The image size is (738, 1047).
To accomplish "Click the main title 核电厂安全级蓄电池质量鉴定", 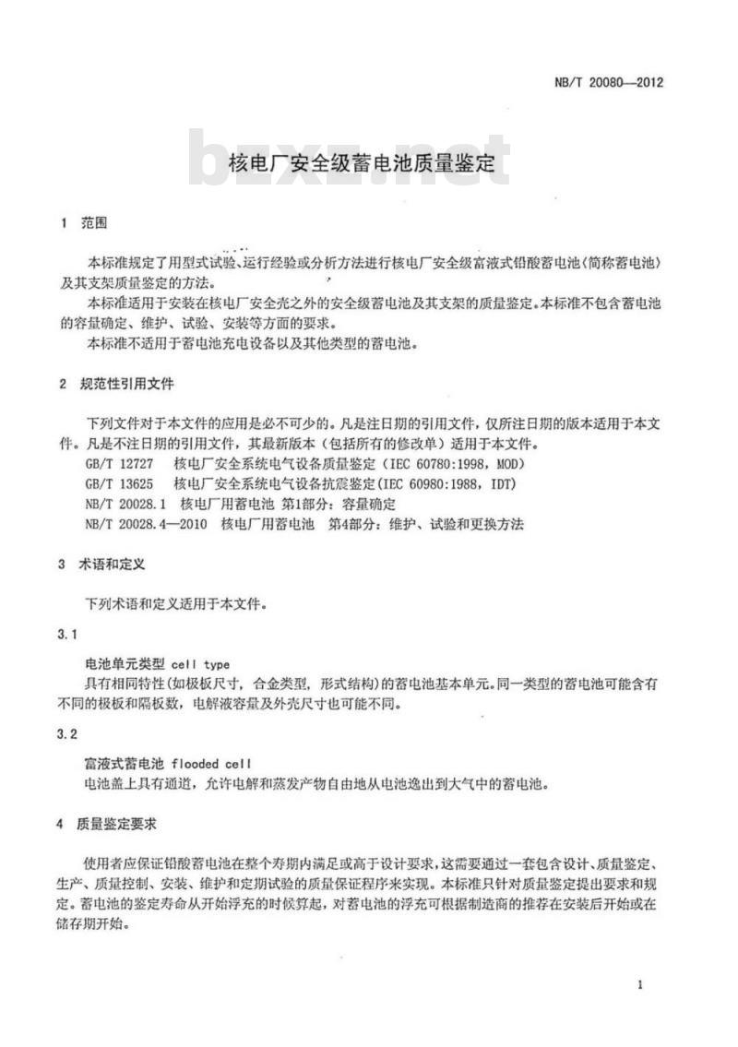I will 362,164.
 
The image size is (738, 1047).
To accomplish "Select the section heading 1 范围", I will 83,223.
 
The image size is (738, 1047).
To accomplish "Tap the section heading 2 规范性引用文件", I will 115,383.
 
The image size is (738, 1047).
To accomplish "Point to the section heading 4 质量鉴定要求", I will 109,823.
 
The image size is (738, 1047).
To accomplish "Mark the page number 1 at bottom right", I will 639,985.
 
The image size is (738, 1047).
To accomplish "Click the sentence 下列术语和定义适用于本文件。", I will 176,605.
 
